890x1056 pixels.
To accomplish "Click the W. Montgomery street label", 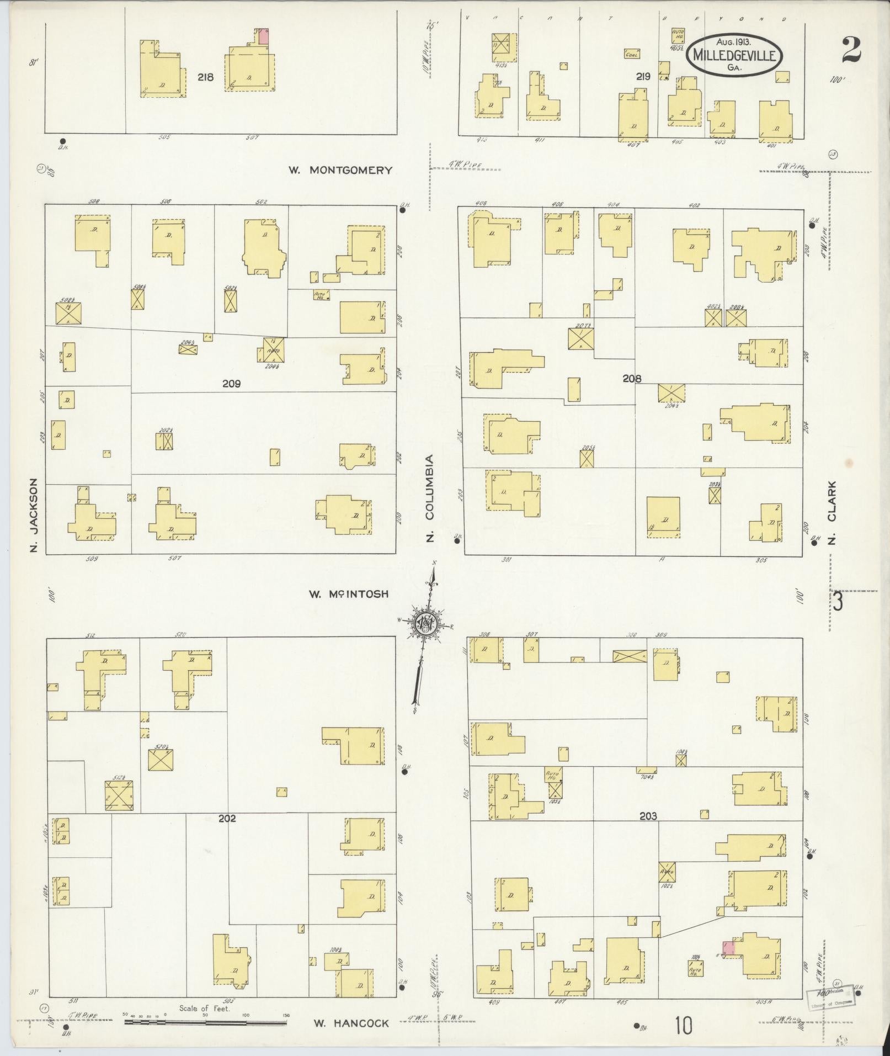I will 340,170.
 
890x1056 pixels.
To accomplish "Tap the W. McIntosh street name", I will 349,594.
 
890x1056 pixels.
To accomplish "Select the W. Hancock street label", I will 351,1023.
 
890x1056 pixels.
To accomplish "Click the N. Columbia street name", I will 430,498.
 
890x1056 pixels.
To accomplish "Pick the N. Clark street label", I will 832,513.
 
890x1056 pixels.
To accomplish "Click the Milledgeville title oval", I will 734,55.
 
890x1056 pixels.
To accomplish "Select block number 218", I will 205,77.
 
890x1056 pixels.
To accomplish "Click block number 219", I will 643,77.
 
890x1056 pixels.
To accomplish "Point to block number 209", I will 231,383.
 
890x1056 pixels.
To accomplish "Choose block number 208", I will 632,379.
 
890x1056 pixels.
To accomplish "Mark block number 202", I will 227,818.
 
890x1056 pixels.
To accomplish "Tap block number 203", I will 648,815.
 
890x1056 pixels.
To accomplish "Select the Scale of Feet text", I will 204,1008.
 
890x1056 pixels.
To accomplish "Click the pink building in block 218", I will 264,37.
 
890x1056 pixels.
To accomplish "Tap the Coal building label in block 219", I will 632,54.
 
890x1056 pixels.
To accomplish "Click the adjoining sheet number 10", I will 683,1026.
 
